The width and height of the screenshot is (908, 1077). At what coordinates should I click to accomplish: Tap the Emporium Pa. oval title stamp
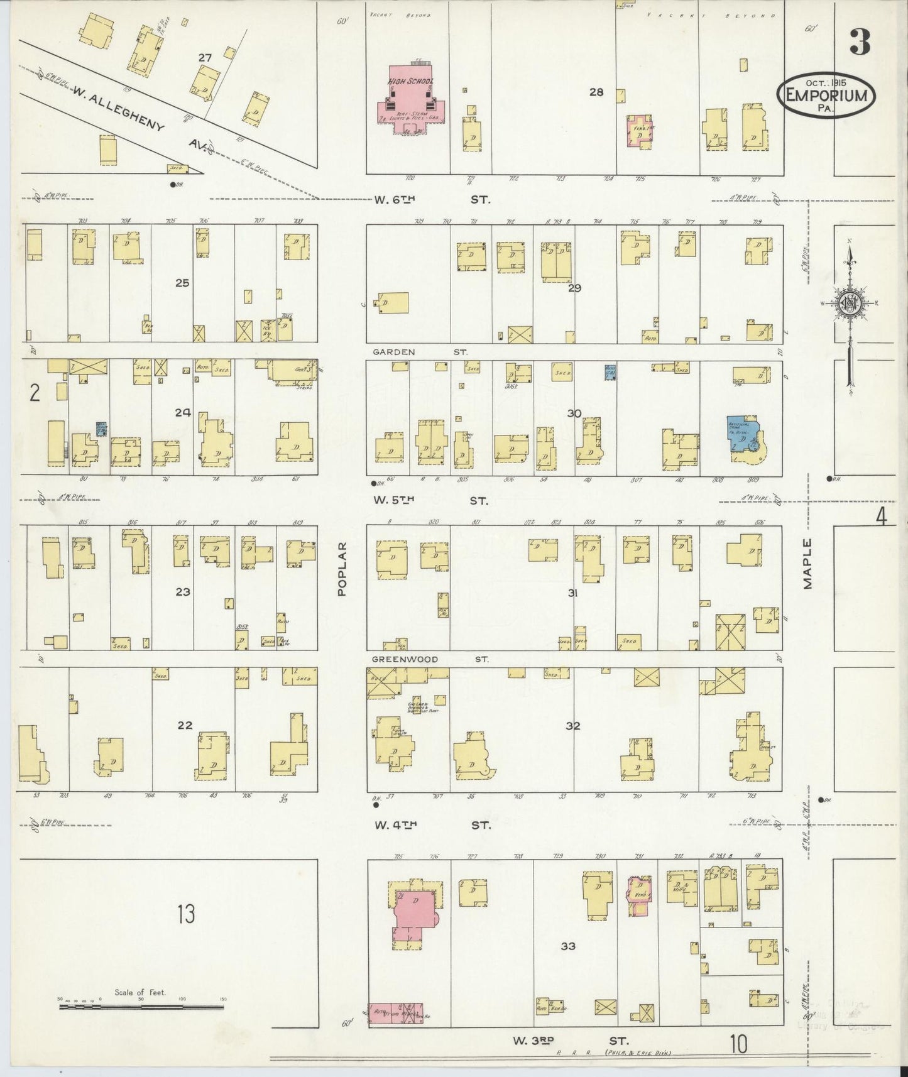827,96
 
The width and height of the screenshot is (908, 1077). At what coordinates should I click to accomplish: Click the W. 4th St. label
432,825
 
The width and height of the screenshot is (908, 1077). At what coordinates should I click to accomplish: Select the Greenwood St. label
430,659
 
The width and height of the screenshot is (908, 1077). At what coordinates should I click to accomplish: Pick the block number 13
186,913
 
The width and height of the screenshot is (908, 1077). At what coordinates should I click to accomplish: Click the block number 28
596,92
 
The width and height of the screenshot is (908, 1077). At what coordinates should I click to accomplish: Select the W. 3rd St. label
569,1041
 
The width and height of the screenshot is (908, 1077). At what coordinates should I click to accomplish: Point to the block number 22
184,725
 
